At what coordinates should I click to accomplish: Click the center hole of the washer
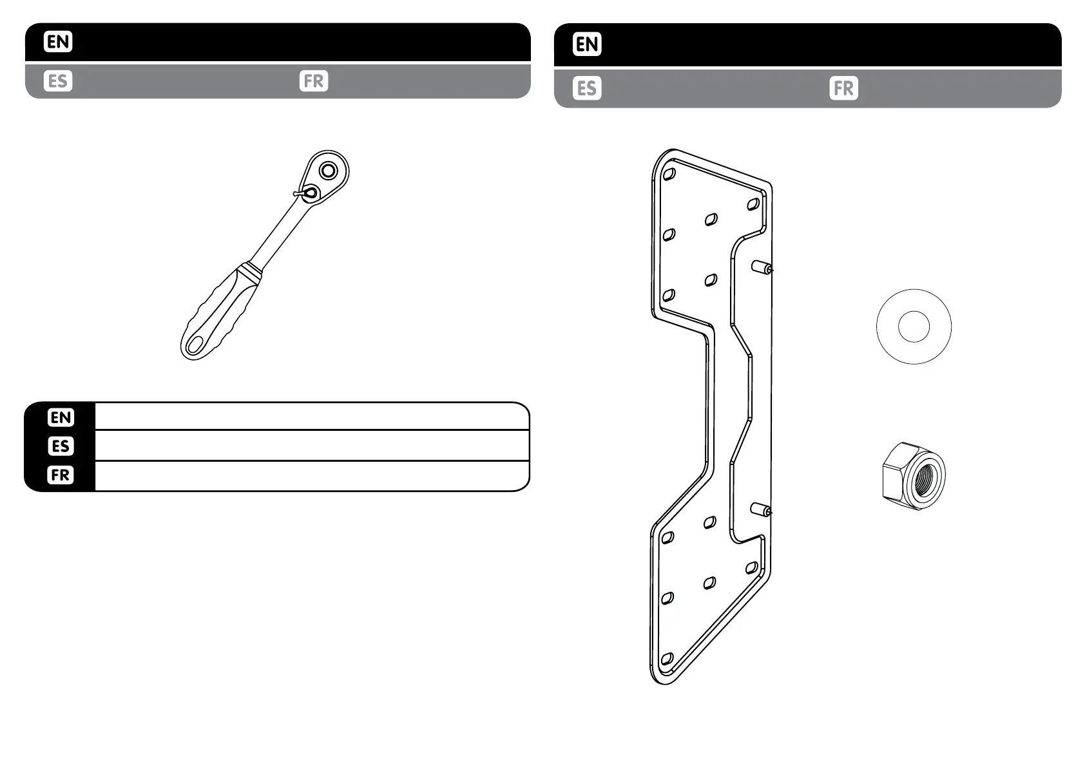point(914,327)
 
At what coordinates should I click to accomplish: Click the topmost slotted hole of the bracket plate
point(669,175)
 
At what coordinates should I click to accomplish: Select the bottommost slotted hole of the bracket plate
point(667,659)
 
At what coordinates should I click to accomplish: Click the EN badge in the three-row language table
point(61,417)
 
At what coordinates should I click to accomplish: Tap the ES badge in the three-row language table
point(61,446)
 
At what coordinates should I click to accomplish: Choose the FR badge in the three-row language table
point(61,475)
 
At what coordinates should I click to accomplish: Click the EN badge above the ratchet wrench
point(58,43)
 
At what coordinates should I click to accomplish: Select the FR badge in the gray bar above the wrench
point(314,81)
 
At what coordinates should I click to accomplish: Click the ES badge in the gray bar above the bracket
point(587,88)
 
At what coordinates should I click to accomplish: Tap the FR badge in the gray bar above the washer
point(843,88)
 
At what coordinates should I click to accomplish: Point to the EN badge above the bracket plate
point(587,44)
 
